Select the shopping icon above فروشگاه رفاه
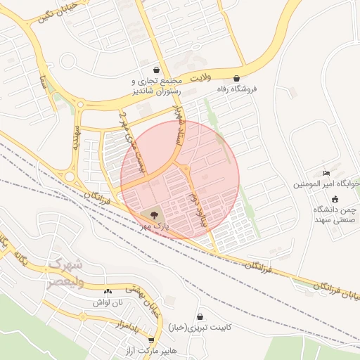[236, 78]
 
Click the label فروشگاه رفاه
[236, 89]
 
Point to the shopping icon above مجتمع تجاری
[156, 70]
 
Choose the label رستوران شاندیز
[156, 91]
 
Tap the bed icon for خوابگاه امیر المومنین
[326, 173]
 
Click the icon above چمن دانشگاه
[333, 199]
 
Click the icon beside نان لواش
[108, 291]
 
